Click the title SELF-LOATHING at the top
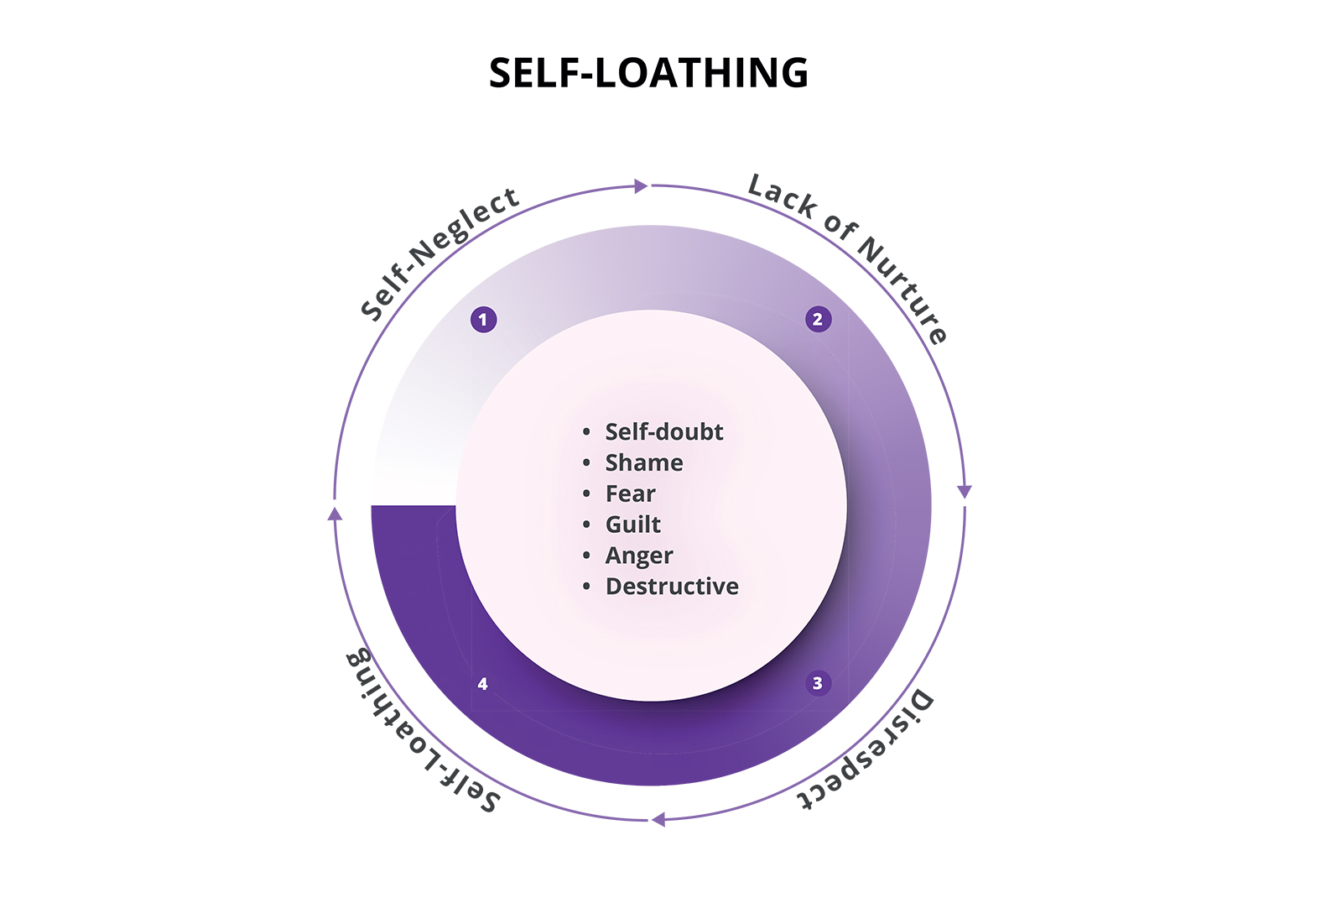pos(649,72)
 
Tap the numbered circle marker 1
pos(483,320)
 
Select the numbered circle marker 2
pos(819,319)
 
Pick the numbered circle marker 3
pos(818,683)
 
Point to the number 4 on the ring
pos(483,683)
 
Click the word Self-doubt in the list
pos(663,431)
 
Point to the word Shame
pos(644,463)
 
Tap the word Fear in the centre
pos(630,493)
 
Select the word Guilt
pos(632,525)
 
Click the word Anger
pos(639,556)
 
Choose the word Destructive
pos(672,587)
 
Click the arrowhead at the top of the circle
pos(641,185)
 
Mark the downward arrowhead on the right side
pos(964,492)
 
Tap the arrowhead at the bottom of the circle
pos(658,819)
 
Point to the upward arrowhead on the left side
pos(335,514)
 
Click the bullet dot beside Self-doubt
pos(586,431)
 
